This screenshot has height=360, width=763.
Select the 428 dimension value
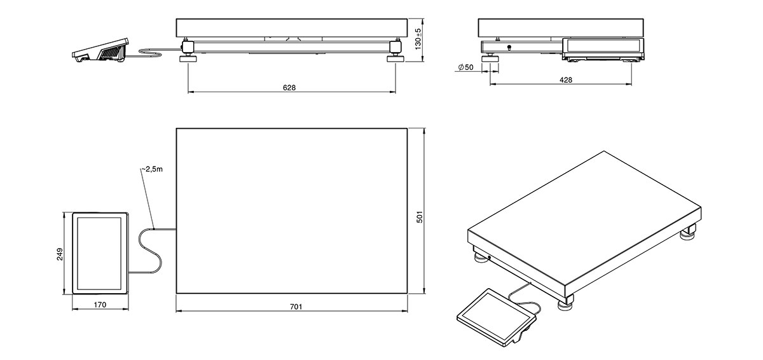point(565,80)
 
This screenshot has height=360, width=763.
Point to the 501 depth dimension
point(419,217)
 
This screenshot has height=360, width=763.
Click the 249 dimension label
point(59,254)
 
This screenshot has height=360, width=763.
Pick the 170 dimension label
point(100,305)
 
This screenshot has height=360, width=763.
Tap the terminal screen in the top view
point(100,253)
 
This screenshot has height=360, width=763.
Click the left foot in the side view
point(490,60)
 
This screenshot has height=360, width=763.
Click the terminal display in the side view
point(602,46)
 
